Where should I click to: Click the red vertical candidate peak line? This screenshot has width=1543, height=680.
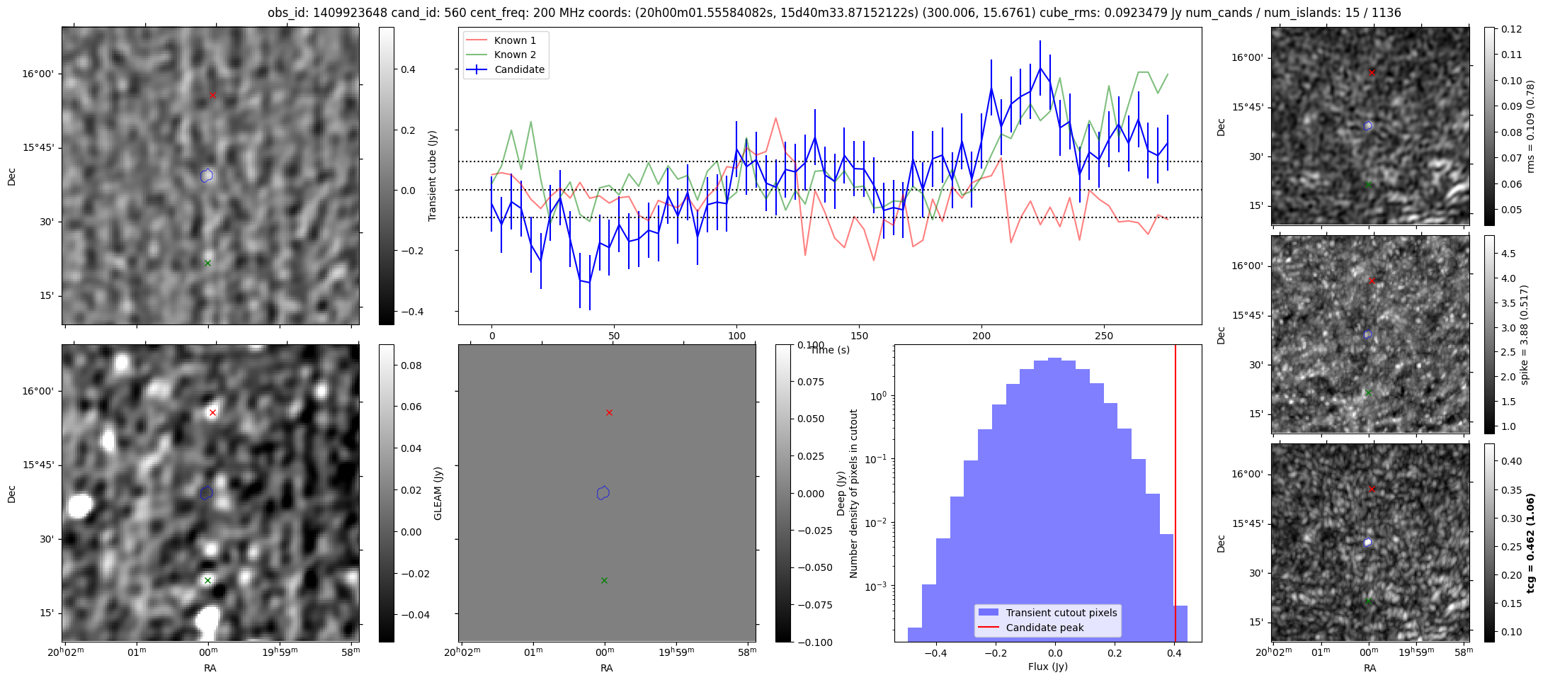click(x=1175, y=496)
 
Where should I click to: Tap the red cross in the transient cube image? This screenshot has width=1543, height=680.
click(x=212, y=95)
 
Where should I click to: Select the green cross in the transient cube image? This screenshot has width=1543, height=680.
click(x=207, y=263)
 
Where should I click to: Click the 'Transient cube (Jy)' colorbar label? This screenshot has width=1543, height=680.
click(x=433, y=176)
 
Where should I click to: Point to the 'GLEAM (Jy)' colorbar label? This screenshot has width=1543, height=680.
click(x=438, y=493)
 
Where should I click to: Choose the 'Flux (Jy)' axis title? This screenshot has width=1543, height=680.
click(x=1047, y=667)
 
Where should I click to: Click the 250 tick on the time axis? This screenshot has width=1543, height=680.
click(x=1104, y=336)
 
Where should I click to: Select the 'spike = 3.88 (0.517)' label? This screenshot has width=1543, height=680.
click(x=1525, y=334)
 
